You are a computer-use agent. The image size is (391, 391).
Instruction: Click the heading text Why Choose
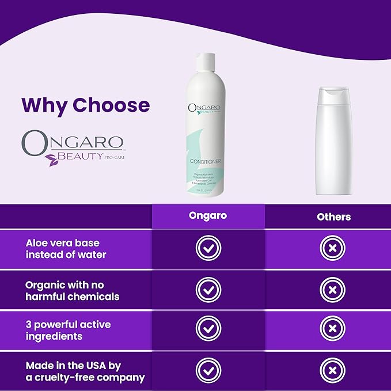pos(85,105)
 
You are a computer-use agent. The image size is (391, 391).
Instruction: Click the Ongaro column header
pos(208,217)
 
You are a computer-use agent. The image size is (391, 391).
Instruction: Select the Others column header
pos(333,217)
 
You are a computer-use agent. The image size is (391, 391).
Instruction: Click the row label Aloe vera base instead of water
pos(66,248)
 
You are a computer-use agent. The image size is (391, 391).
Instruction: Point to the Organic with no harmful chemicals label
pos(73,291)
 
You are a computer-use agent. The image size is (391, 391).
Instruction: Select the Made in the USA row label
pos(85,371)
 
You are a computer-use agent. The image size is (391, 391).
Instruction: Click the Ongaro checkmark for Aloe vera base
pos(208,248)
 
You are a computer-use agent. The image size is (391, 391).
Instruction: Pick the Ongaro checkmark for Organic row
pos(208,289)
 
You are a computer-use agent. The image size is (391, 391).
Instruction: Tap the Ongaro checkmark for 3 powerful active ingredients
pos(208,329)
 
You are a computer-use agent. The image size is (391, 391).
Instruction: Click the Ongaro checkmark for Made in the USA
pos(208,370)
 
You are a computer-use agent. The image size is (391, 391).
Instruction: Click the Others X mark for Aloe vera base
pos(332,248)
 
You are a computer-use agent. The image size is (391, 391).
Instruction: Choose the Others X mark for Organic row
pos(332,289)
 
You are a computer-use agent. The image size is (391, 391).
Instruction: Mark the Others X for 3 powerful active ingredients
pos(332,329)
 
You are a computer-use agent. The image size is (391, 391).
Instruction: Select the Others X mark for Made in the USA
pos(332,370)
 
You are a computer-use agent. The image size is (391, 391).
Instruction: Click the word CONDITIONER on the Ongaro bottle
pos(208,161)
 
